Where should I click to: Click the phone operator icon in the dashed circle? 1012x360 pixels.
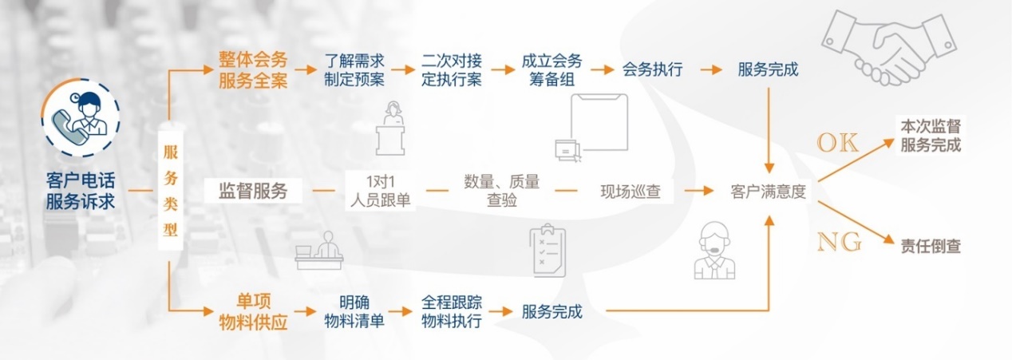[80, 120]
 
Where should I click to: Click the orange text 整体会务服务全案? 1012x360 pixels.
[253, 69]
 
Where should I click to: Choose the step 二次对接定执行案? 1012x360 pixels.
[451, 69]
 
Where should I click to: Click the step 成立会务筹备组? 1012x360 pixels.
[551, 69]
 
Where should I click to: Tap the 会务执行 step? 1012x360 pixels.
[652, 69]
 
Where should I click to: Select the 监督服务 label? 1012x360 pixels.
[253, 192]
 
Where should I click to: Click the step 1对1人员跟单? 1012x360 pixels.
[380, 192]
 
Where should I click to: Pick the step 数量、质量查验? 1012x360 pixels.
[501, 192]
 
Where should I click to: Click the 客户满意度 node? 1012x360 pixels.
[768, 192]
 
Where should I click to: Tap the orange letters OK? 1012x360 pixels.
[837, 144]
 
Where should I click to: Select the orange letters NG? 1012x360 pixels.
[839, 241]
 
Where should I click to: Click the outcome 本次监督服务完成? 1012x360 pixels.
[931, 136]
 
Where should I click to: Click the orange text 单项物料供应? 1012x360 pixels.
[253, 313]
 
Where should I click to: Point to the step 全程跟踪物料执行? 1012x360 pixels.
[451, 313]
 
